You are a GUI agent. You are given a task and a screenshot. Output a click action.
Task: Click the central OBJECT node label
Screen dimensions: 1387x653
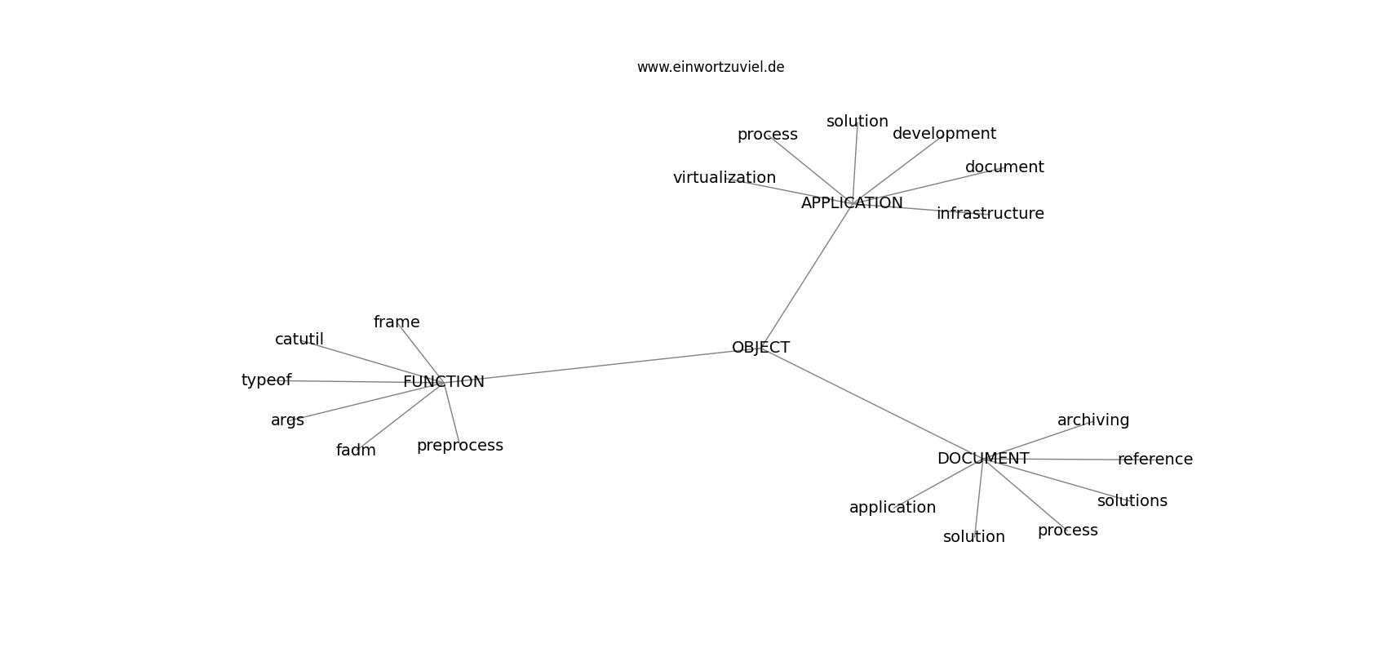point(760,348)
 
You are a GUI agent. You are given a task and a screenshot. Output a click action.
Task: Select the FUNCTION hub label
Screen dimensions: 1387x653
point(443,382)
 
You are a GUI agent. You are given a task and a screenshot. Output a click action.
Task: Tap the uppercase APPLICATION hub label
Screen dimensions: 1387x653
point(852,203)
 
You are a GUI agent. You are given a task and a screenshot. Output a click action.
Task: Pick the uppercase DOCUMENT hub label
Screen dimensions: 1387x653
point(982,459)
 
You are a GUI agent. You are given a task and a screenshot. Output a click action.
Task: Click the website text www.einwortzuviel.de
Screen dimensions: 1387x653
point(710,67)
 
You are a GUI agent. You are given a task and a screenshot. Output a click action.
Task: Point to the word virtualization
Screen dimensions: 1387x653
point(724,178)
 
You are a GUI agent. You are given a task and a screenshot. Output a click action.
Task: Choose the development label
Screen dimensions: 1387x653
point(944,134)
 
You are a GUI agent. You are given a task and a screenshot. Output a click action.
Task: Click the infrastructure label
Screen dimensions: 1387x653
point(990,214)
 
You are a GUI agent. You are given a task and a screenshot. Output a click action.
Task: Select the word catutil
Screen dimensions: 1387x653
point(299,340)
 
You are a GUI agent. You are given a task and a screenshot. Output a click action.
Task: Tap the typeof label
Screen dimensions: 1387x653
point(266,380)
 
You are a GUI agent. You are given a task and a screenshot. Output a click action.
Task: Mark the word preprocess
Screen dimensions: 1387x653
point(459,446)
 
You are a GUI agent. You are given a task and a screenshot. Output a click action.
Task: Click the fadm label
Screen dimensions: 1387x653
point(356,451)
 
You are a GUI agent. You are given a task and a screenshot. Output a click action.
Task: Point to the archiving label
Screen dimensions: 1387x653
point(1093,420)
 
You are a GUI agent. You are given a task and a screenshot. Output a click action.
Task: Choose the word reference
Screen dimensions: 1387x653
point(1154,459)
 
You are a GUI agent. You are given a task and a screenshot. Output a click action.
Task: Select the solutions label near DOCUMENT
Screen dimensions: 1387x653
point(1132,500)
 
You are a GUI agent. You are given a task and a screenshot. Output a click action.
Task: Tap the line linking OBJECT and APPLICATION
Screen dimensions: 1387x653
point(806,276)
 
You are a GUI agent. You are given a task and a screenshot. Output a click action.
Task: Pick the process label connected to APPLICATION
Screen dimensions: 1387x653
point(767,135)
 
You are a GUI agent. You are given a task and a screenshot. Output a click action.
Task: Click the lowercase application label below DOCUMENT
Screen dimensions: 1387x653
point(893,508)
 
